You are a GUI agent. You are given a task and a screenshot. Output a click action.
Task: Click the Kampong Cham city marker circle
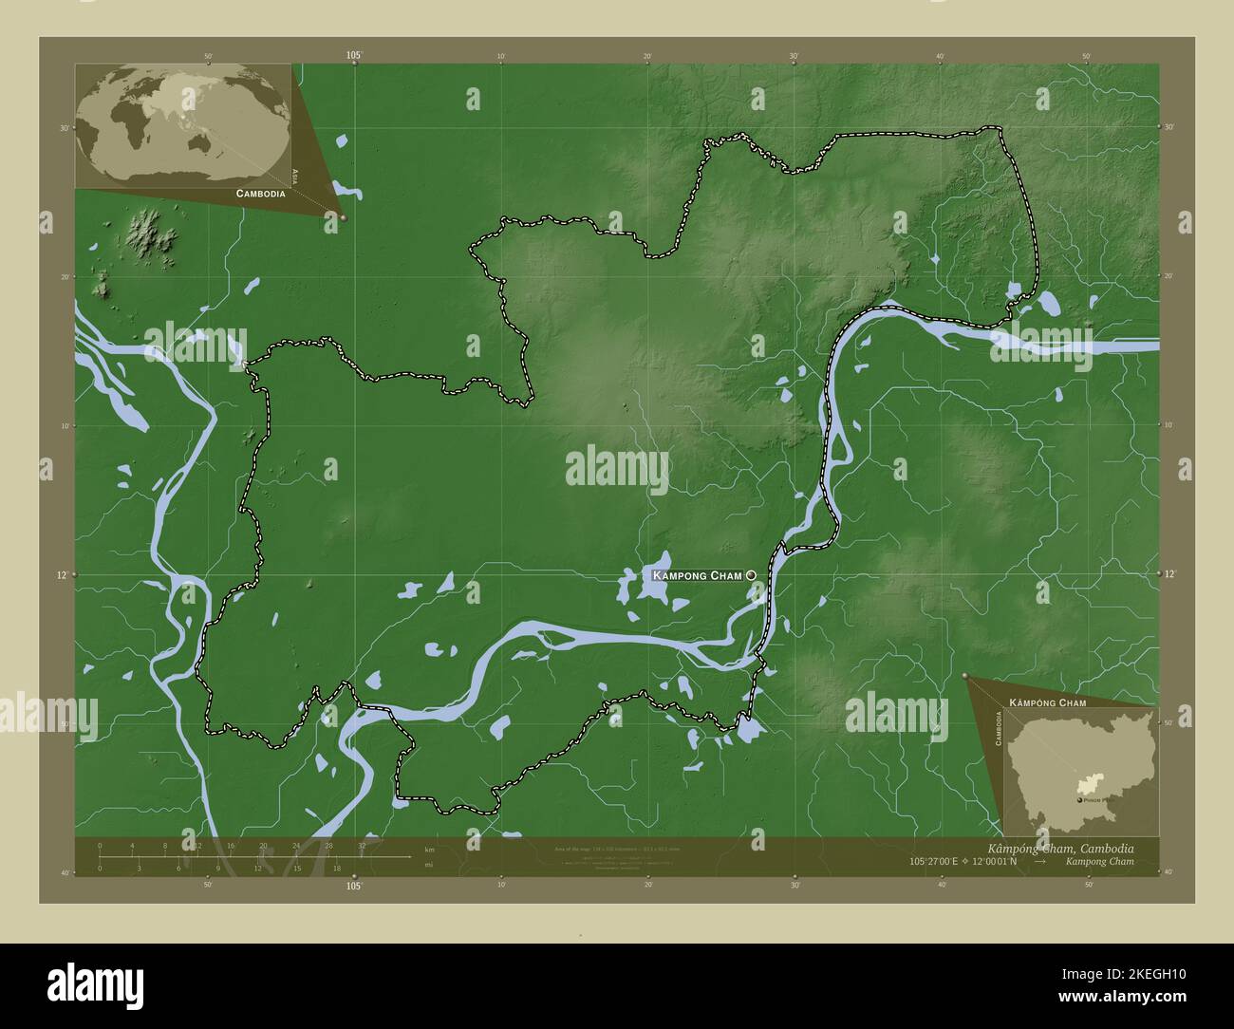(752, 575)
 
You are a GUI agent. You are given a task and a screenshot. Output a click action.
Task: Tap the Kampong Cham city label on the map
(697, 575)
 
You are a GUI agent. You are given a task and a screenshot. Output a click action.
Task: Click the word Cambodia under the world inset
(253, 194)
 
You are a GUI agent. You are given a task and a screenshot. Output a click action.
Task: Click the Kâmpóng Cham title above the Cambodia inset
(1047, 702)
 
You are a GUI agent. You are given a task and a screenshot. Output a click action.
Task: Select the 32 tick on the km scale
(362, 845)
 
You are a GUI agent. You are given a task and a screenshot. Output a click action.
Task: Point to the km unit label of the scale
(429, 850)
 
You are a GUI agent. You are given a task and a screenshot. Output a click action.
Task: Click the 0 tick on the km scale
(100, 845)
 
